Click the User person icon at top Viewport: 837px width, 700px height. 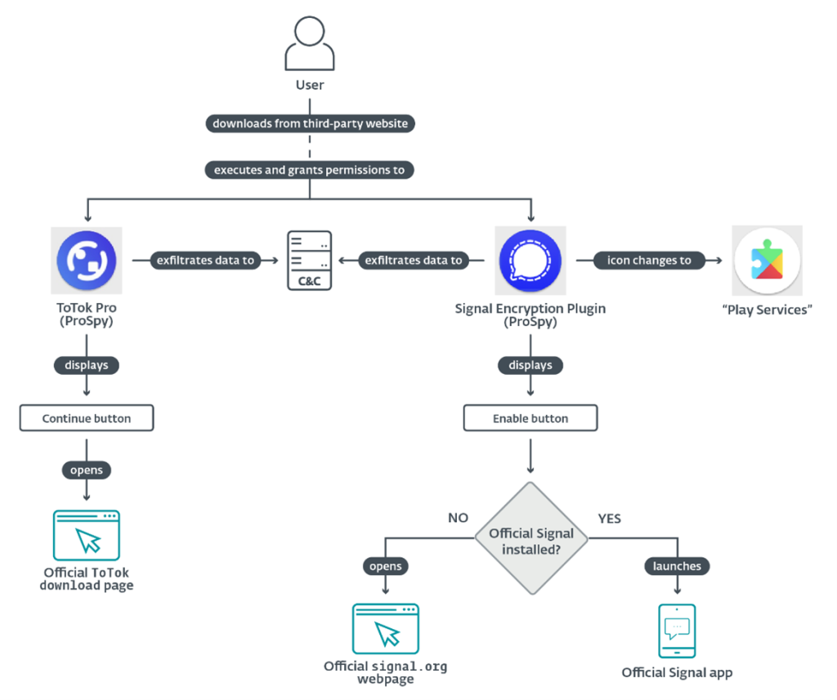tap(310, 44)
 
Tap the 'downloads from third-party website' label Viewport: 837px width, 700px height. tap(310, 123)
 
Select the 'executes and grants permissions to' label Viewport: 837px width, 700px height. tap(310, 170)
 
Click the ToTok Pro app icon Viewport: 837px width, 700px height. tap(87, 261)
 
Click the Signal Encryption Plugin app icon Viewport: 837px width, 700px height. tap(530, 261)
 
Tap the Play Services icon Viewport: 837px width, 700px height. tap(767, 261)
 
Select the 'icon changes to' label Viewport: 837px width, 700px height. tap(649, 261)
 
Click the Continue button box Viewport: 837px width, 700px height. tap(87, 418)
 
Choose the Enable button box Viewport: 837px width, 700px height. tap(530, 418)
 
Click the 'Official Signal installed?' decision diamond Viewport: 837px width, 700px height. tap(531, 538)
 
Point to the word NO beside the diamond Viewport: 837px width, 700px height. tap(458, 518)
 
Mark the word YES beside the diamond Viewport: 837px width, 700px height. tap(609, 518)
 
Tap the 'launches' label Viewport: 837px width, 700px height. tap(677, 565)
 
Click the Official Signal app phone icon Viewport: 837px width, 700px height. tap(677, 631)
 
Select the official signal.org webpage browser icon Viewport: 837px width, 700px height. tap(385, 630)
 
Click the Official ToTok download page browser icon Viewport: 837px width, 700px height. tap(87, 536)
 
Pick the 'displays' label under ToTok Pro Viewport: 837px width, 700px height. tap(87, 365)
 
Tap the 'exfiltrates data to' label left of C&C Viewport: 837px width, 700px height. tap(204, 261)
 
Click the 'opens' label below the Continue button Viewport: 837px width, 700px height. tap(87, 470)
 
